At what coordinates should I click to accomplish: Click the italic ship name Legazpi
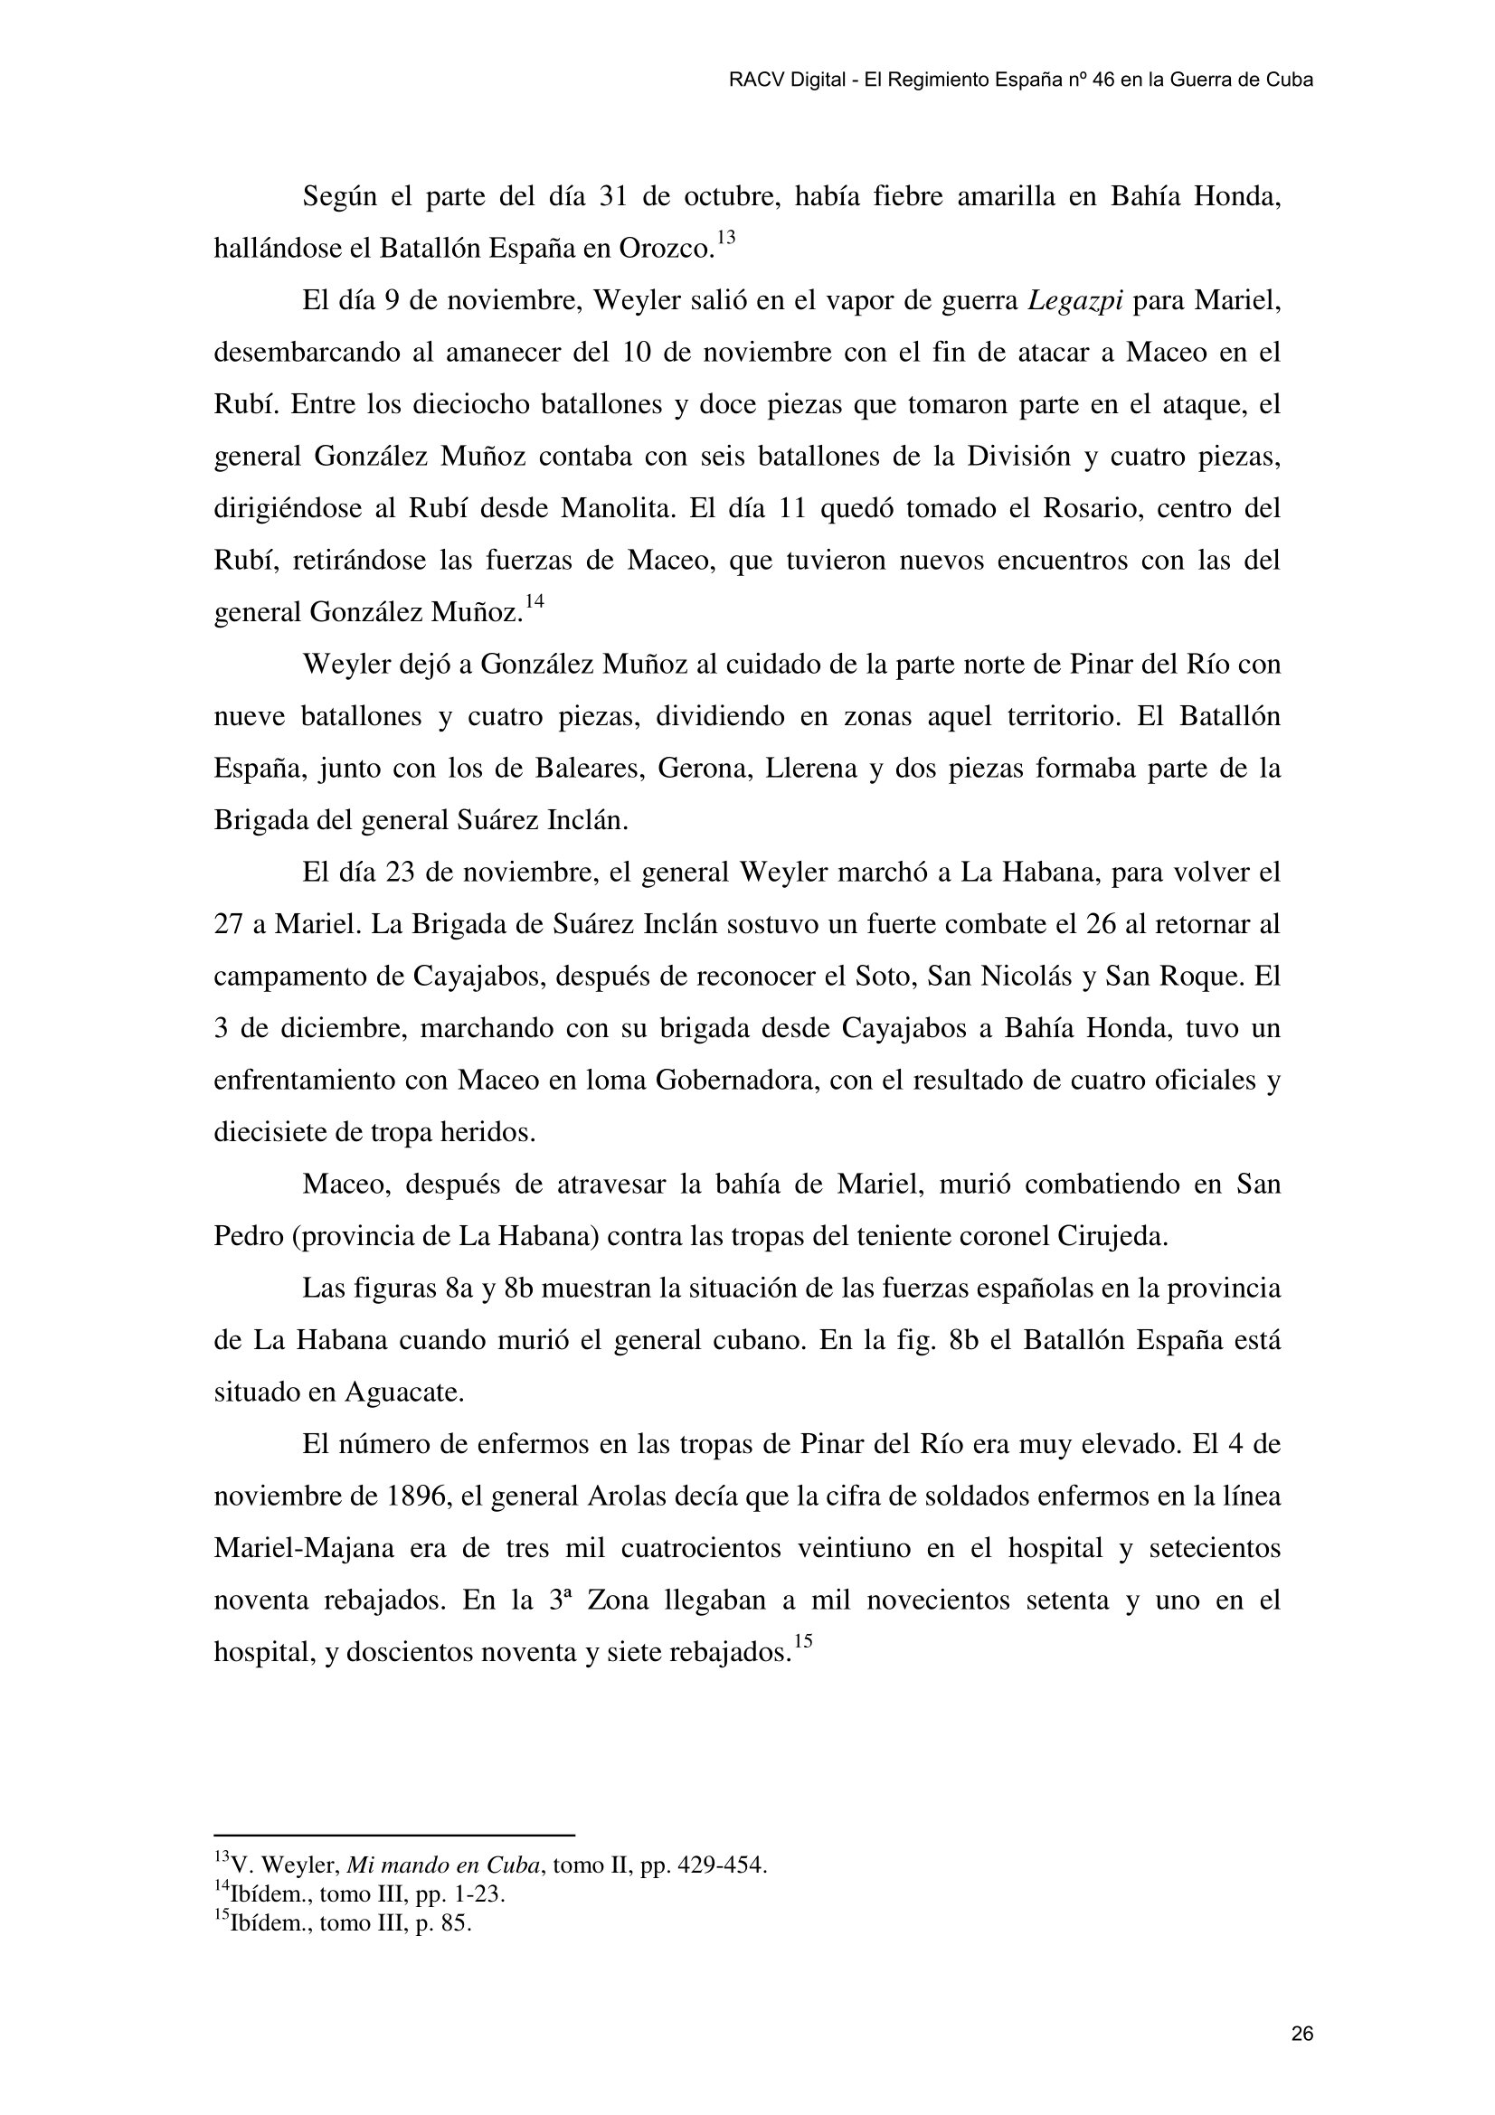coord(1074,302)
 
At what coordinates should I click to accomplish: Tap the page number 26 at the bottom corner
coord(1301,2009)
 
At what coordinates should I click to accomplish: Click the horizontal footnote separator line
coord(393,1835)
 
